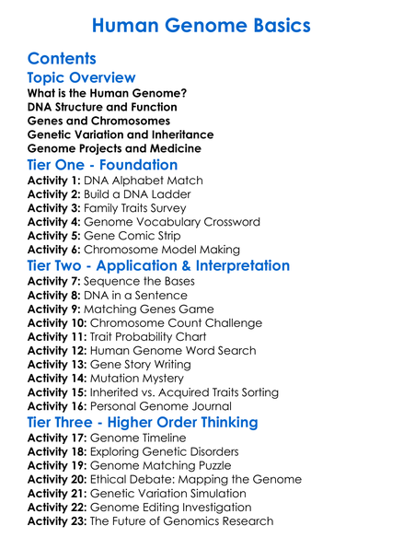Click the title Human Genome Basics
pyautogui.click(x=201, y=26)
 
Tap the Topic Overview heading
pyautogui.click(x=82, y=78)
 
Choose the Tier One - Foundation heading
pyautogui.click(x=103, y=166)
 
